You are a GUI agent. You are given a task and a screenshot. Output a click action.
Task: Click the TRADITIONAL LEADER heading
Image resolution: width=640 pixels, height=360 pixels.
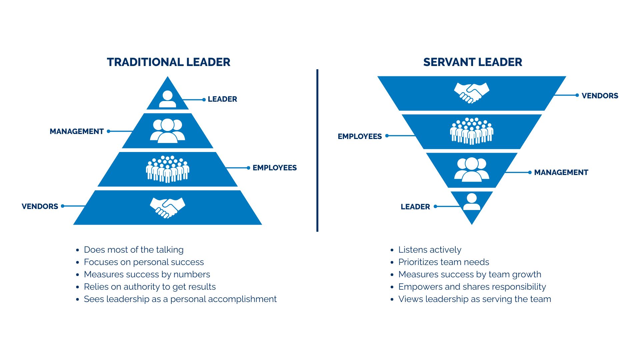coord(168,62)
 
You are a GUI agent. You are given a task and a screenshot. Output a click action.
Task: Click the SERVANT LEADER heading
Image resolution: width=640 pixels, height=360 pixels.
coord(472,62)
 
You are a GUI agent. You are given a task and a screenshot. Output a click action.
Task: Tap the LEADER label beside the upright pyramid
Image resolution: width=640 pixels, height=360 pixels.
coord(222,99)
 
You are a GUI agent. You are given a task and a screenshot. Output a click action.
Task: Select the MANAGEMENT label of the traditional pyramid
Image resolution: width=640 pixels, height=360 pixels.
coord(77,131)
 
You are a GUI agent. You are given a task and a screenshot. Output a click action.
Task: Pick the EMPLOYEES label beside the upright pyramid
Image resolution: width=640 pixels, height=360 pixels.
coord(274,168)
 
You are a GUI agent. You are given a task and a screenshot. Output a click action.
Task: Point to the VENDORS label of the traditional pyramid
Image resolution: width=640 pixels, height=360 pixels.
coord(40,206)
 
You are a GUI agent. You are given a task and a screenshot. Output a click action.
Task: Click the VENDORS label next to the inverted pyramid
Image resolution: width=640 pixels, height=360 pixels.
coord(600,96)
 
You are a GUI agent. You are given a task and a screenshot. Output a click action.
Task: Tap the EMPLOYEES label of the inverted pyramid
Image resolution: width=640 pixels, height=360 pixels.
coord(360,136)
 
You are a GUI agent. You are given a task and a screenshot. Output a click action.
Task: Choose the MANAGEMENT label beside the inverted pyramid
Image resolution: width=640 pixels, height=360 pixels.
coord(561,172)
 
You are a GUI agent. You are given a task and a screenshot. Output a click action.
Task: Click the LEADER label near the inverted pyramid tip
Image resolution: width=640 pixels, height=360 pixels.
coord(415,207)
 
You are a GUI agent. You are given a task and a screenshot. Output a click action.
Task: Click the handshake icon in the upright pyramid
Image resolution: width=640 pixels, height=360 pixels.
coord(167,208)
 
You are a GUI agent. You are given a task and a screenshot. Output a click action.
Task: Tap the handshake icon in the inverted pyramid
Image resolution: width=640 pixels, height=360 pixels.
coord(472,93)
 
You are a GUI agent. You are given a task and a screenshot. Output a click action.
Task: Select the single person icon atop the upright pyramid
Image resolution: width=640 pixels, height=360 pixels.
coord(167,99)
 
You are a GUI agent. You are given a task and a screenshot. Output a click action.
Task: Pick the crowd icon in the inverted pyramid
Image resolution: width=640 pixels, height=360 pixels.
coord(472,131)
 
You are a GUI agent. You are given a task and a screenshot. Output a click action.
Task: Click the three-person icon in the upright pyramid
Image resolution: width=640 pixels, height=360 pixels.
coord(167,131)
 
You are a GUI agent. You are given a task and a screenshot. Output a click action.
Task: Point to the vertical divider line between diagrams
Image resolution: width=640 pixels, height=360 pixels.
coord(317,150)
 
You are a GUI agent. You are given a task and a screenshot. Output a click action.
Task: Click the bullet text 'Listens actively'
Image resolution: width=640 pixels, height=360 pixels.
coord(430,250)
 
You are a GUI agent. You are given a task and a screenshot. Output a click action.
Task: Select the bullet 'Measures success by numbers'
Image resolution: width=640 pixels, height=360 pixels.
coord(147,274)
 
